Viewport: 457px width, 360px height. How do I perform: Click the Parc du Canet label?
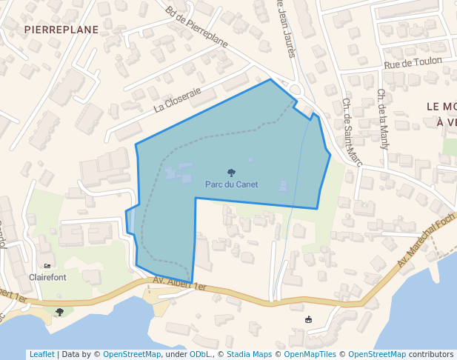231,184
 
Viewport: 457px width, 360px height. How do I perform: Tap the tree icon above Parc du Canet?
231,173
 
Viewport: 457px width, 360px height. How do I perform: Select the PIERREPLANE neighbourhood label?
61,29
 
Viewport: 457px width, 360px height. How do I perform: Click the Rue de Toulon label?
413,64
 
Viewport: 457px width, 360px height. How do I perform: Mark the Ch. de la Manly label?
383,119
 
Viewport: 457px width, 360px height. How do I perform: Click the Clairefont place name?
47,277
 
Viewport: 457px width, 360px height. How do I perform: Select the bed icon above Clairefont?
48,266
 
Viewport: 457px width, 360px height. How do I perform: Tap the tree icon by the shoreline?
59,312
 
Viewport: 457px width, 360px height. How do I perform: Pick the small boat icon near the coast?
309,319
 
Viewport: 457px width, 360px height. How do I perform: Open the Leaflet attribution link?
41,354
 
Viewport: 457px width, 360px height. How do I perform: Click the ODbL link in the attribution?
200,354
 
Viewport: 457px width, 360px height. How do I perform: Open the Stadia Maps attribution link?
249,354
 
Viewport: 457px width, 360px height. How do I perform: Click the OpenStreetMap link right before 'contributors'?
376,354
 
